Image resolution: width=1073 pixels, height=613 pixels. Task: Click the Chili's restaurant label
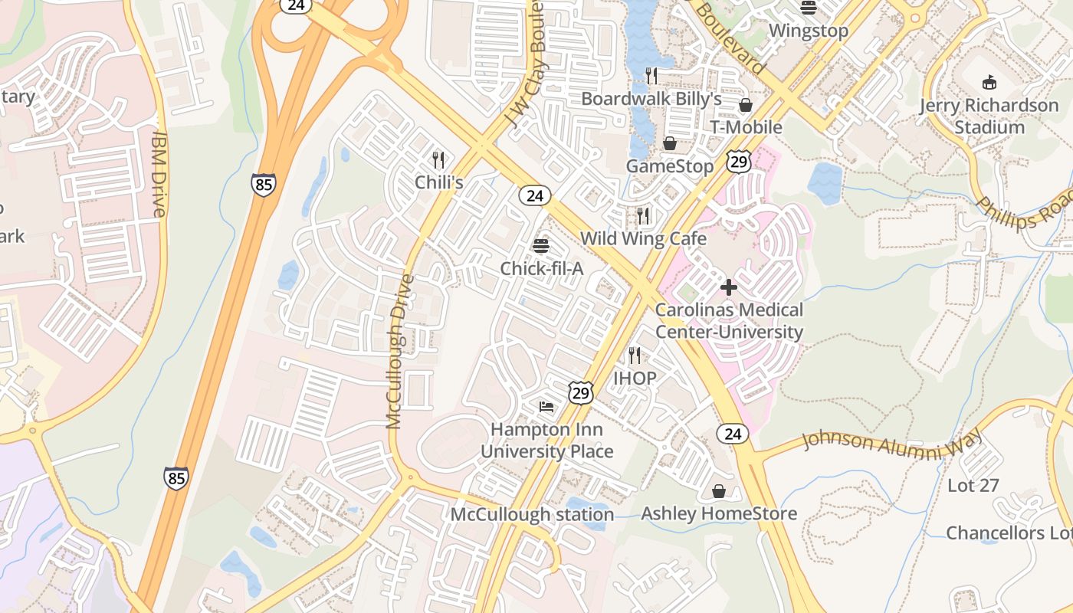click(x=439, y=182)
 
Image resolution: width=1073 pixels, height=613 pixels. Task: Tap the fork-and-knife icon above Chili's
click(x=438, y=160)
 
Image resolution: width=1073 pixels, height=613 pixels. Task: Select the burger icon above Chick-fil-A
click(x=541, y=246)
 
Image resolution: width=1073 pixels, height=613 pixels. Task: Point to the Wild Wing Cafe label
click(x=643, y=238)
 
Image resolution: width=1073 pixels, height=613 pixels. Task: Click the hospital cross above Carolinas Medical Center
click(x=729, y=288)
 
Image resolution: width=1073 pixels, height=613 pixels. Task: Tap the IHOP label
click(x=635, y=378)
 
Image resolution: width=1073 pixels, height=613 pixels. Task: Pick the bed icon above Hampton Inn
click(x=546, y=406)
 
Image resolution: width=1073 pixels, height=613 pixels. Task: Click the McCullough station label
click(x=532, y=514)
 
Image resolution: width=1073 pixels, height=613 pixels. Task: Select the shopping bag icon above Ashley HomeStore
click(x=719, y=490)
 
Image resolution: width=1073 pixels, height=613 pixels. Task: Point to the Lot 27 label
click(x=973, y=485)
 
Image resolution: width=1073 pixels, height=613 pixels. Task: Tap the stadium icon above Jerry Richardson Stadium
click(x=989, y=83)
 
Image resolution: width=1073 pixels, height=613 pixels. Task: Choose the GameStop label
click(x=670, y=166)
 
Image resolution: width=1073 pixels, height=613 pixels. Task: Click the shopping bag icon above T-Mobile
click(x=745, y=105)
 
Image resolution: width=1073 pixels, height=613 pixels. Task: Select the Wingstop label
click(x=809, y=31)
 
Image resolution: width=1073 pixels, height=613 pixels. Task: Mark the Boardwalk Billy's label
click(x=651, y=99)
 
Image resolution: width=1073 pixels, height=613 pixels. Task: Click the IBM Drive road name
click(x=159, y=173)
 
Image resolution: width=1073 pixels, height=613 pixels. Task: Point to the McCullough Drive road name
click(x=399, y=351)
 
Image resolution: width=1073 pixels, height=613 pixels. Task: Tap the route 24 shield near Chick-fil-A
click(x=535, y=195)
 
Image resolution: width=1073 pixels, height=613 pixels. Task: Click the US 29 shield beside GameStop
click(x=739, y=161)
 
